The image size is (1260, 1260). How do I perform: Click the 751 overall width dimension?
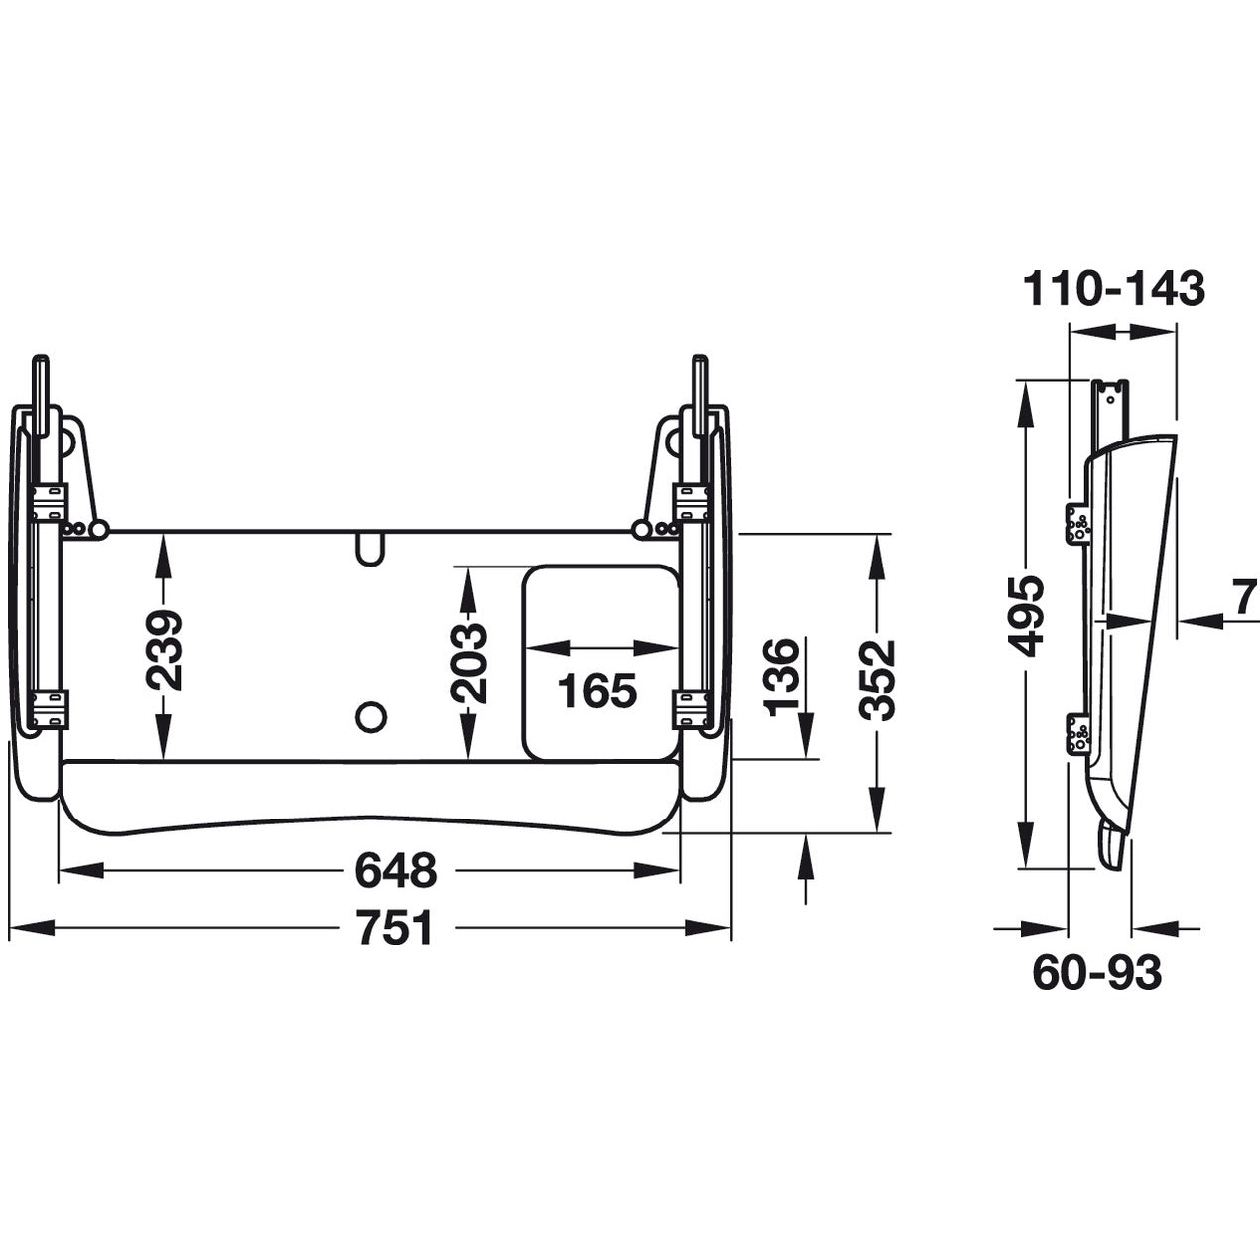394,929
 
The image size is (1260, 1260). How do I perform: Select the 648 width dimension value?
394,871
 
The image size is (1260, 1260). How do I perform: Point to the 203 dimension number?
467,663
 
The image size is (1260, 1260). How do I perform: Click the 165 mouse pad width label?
596,691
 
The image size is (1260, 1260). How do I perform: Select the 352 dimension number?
876,679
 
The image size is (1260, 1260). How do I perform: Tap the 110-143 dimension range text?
1113,289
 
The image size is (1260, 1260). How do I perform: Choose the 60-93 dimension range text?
1096,974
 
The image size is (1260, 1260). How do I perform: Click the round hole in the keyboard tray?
370,713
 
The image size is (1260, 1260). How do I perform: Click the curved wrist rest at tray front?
369,799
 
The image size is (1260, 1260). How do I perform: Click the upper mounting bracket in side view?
1077,522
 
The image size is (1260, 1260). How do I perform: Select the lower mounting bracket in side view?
1077,732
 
